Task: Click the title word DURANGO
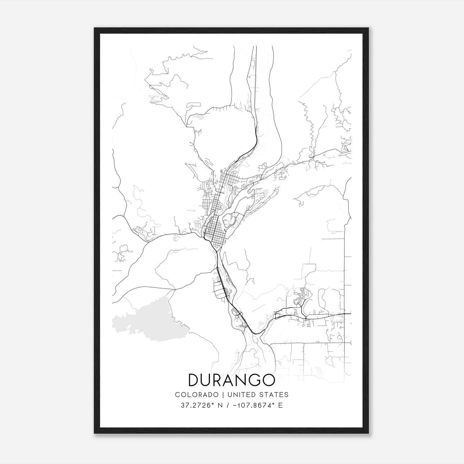(x=231, y=380)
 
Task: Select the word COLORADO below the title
(x=197, y=395)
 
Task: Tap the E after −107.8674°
(x=280, y=405)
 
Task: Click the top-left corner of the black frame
(x=95, y=28)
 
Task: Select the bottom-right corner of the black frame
(x=368, y=433)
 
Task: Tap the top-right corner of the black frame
(x=368, y=28)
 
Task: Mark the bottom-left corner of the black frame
(x=95, y=433)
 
